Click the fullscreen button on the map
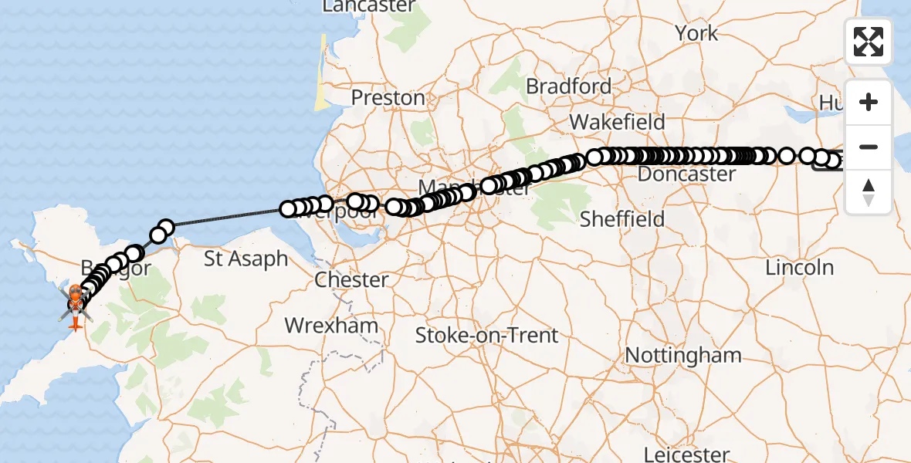[869, 41]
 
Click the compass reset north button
[869, 192]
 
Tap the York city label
[696, 33]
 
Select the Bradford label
[568, 86]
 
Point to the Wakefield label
[617, 122]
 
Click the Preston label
[388, 98]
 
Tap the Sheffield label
[621, 219]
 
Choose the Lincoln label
[800, 268]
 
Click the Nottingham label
[682, 356]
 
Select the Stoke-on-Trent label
[486, 336]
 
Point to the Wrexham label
[331, 325]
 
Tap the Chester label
[351, 279]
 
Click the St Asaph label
[246, 259]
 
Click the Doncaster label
[686, 174]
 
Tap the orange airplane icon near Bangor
[76, 323]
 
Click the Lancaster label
[369, 6]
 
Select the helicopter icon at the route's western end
[76, 304]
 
